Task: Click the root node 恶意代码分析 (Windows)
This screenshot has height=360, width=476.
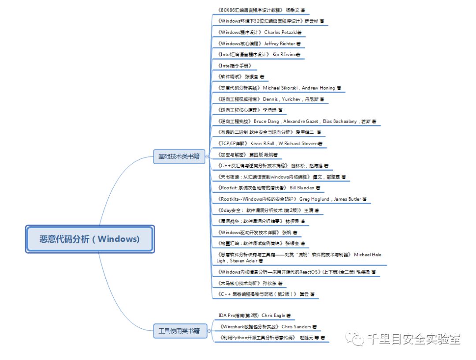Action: tap(89, 239)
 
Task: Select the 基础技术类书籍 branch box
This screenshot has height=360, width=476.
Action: tap(179, 156)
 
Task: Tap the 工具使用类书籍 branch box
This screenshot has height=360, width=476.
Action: tap(179, 330)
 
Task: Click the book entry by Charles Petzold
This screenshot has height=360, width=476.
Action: tap(260, 32)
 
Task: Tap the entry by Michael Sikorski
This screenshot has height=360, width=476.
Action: tap(279, 88)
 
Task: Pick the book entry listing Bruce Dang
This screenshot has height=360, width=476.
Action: tap(297, 121)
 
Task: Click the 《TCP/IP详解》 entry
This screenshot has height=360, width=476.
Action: tap(270, 143)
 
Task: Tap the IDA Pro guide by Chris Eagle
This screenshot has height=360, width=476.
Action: tap(254, 315)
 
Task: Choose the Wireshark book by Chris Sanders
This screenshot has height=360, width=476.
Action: tap(268, 326)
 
